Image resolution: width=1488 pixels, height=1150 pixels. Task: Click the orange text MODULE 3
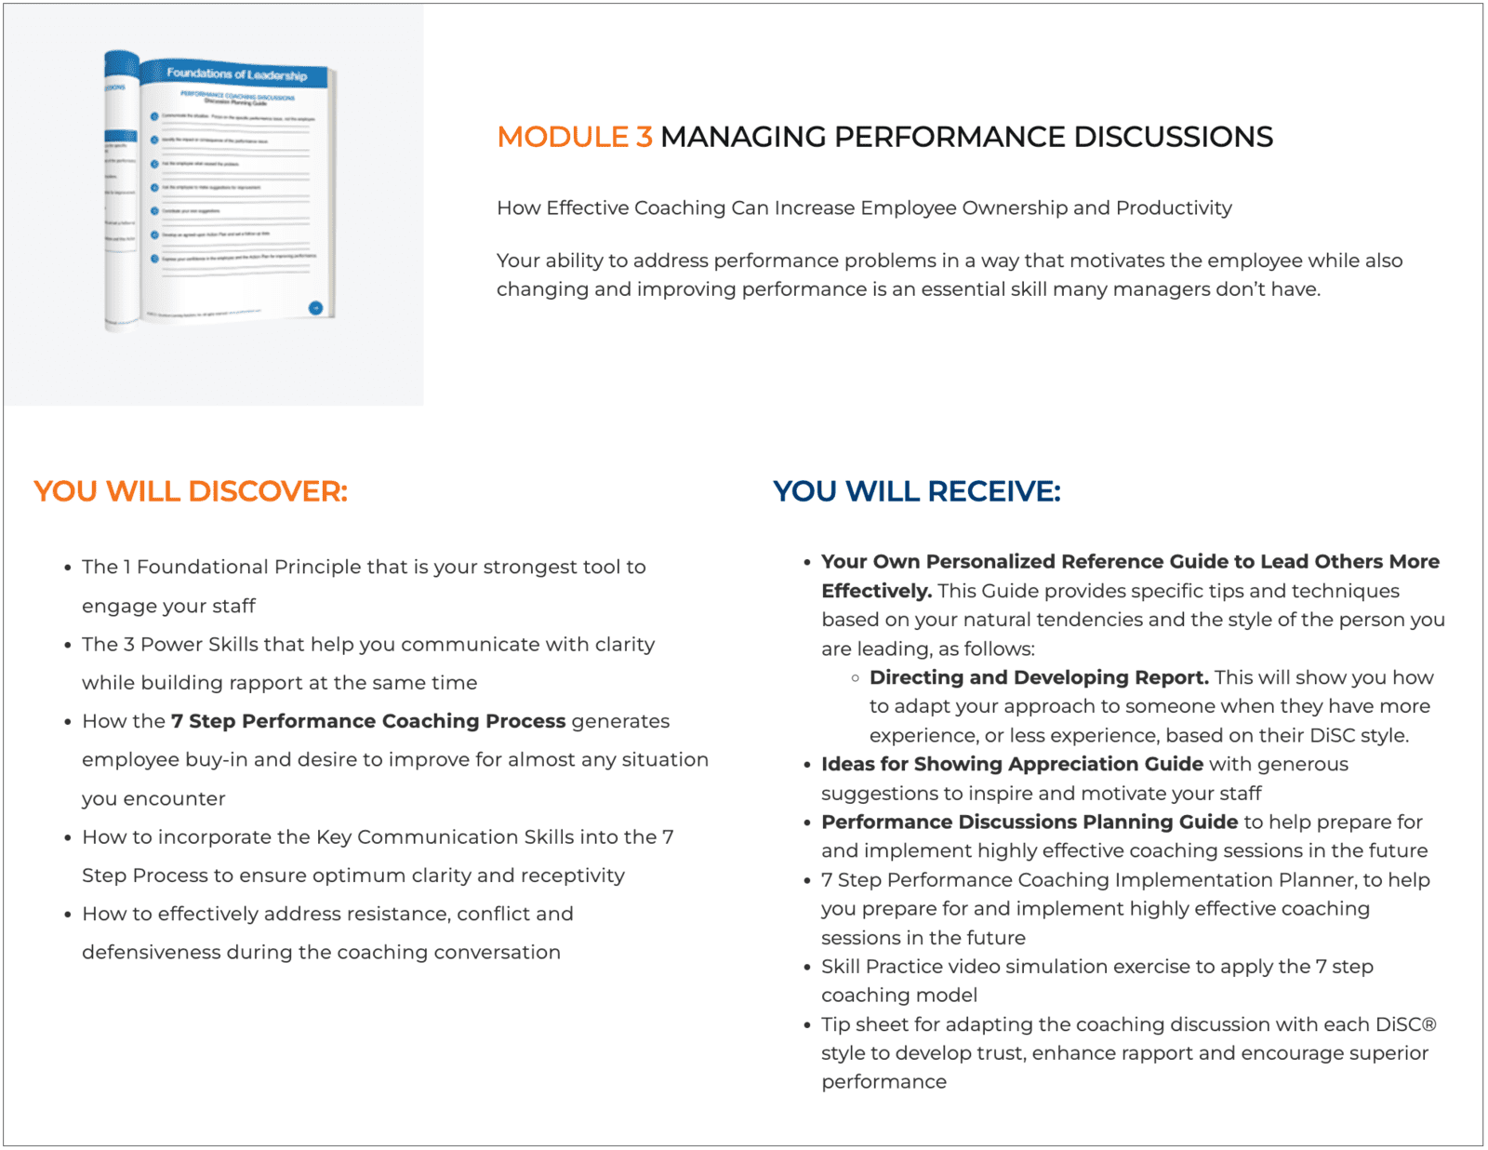(574, 137)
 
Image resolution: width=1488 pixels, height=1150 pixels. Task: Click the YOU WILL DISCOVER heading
(191, 491)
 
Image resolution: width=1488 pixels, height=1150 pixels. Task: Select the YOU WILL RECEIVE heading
(916, 491)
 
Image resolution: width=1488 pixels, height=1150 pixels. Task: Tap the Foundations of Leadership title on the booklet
(236, 74)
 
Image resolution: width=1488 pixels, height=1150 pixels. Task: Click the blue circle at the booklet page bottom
(315, 308)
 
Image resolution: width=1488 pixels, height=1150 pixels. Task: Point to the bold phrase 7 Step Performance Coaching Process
(368, 721)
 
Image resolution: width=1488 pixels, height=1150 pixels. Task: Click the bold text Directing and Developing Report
(1038, 677)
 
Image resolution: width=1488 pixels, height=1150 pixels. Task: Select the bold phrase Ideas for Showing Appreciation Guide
(1012, 764)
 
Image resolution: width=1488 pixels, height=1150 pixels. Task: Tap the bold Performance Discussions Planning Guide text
(1029, 822)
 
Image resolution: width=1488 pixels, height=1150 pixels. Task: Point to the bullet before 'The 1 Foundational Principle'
(68, 568)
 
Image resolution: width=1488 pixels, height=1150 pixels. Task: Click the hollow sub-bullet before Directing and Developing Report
(856, 677)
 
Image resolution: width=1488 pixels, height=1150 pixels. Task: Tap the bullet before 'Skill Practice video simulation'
(807, 967)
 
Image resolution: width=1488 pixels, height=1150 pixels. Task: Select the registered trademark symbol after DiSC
(1429, 1024)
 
